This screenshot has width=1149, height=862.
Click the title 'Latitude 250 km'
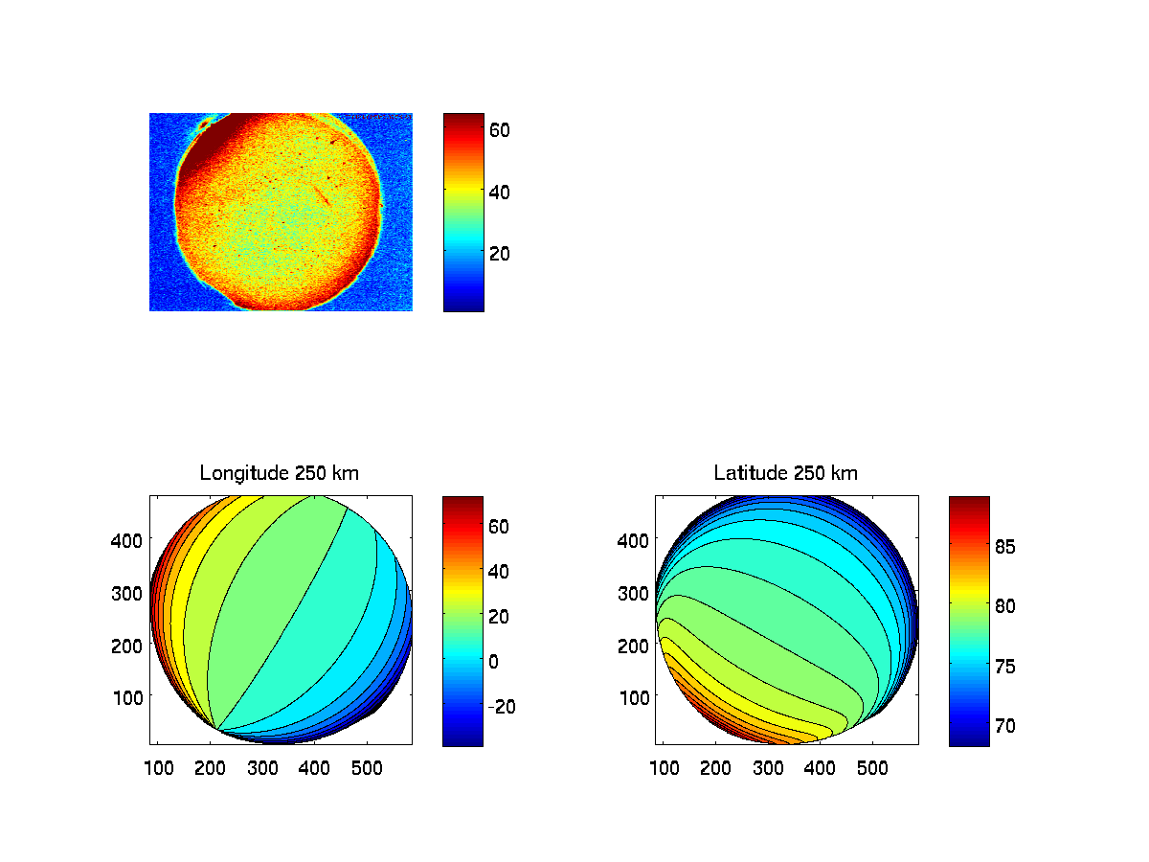coord(786,473)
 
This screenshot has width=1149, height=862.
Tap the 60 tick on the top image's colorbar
coord(500,129)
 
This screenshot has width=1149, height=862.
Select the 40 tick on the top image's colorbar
coord(500,192)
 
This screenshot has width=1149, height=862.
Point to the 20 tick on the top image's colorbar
coord(500,253)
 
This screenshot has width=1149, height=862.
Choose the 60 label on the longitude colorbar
coord(500,526)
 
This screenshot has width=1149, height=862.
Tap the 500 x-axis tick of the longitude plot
coord(365,767)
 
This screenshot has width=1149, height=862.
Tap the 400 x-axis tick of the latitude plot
coord(820,767)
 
